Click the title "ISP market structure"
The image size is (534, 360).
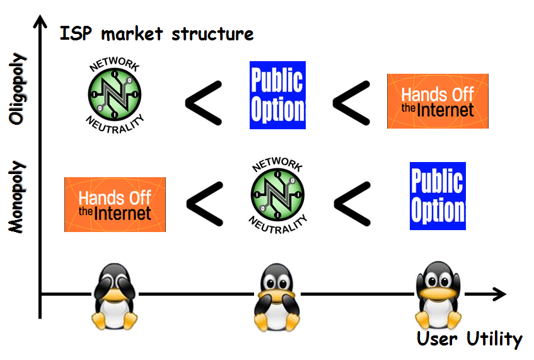point(156,33)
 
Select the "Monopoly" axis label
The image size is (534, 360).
point(17,197)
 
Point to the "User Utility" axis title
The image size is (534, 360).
point(469,339)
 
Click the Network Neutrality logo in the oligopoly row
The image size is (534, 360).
point(115,95)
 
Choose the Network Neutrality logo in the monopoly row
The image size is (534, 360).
point(277,195)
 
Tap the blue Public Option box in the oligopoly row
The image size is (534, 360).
point(277,95)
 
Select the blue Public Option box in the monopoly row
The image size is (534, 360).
point(438,196)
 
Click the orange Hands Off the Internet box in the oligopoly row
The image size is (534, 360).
point(438,101)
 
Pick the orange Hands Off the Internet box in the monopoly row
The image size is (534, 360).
point(115,204)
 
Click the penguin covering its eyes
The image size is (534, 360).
point(115,296)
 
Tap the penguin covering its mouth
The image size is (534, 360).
point(277,298)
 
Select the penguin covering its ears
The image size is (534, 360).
point(438,296)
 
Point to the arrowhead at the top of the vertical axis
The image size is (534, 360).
point(40,20)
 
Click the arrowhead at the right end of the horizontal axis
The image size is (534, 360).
point(499,294)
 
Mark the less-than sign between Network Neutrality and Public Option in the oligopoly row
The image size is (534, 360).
point(204,103)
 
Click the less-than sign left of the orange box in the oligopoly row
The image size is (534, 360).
point(351,103)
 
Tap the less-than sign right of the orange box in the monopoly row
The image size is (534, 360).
point(205,204)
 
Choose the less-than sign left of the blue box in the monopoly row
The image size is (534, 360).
point(352,204)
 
